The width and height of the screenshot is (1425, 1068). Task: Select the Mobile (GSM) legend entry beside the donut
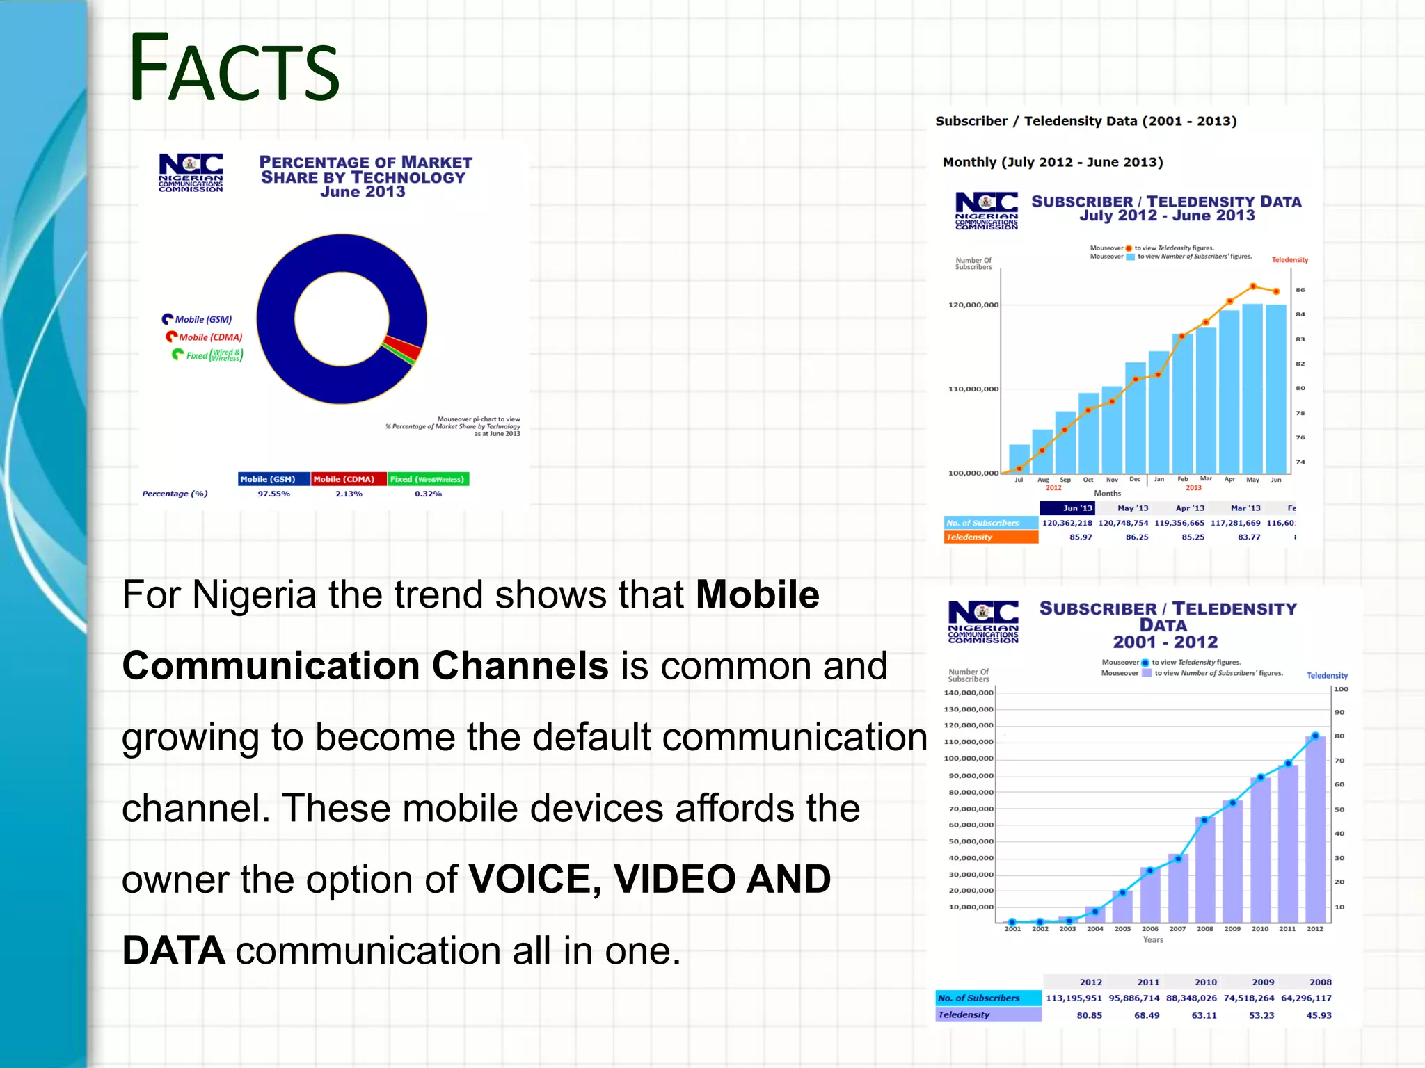pos(198,319)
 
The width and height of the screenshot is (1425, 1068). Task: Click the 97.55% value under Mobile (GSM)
pos(273,494)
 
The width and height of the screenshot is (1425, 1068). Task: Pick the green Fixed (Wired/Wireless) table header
pos(428,479)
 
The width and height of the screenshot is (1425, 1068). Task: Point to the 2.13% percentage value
pos(349,494)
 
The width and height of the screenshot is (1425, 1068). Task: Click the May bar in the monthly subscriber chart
pos(1252,389)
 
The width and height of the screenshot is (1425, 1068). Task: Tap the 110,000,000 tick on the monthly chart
pos(973,389)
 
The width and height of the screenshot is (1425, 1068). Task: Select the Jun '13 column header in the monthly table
pos(1077,508)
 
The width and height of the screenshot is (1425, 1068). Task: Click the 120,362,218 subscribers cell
pos(1067,523)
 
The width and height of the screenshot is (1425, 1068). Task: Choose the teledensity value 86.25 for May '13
pos(1137,537)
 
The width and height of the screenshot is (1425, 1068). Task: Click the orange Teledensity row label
pos(990,537)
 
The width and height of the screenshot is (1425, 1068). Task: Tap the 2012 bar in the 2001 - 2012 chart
pos(1315,831)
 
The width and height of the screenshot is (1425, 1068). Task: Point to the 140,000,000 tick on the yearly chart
pos(968,693)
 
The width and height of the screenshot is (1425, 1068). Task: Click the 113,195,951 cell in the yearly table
pos(1074,998)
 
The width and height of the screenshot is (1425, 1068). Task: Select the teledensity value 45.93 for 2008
pos(1319,1015)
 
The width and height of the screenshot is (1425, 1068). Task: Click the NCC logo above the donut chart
pos(191,172)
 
